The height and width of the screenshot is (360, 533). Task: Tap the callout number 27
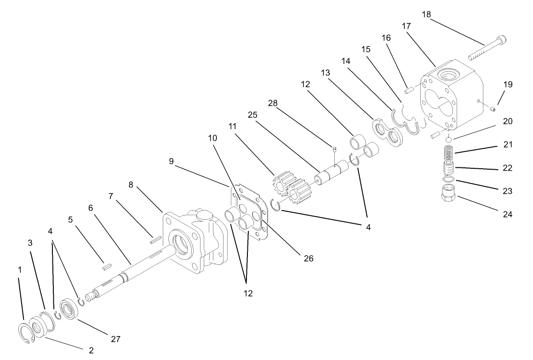pyautogui.click(x=115, y=339)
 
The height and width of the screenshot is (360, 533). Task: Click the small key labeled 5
pyautogui.click(x=107, y=265)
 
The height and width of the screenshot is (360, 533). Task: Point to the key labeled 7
pyautogui.click(x=155, y=238)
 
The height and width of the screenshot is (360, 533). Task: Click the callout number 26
pyautogui.click(x=308, y=258)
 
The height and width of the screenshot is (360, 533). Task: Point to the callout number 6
pyautogui.click(x=91, y=207)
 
